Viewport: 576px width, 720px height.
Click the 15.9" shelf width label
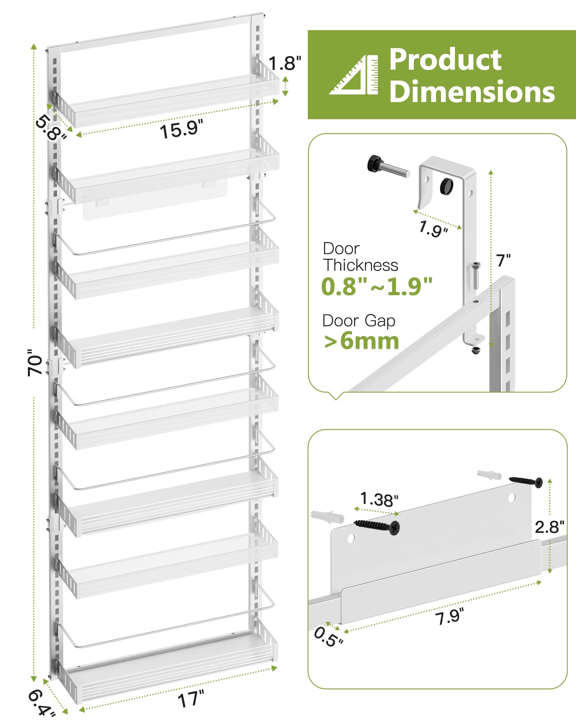click(181, 130)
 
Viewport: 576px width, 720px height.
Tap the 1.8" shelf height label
click(284, 63)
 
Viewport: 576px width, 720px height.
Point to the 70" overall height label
click(35, 362)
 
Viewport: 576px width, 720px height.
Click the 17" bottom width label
click(191, 699)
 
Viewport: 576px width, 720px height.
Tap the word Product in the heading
click(445, 59)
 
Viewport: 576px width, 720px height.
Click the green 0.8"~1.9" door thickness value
click(377, 286)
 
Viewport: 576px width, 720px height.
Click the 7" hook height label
click(503, 260)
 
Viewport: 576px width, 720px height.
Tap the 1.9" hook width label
click(433, 229)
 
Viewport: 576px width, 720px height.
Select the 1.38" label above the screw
click(379, 499)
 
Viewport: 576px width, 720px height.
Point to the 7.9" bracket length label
click(450, 616)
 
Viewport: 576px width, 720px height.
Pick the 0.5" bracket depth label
click(328, 636)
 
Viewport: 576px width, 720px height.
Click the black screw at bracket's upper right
click(526, 481)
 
